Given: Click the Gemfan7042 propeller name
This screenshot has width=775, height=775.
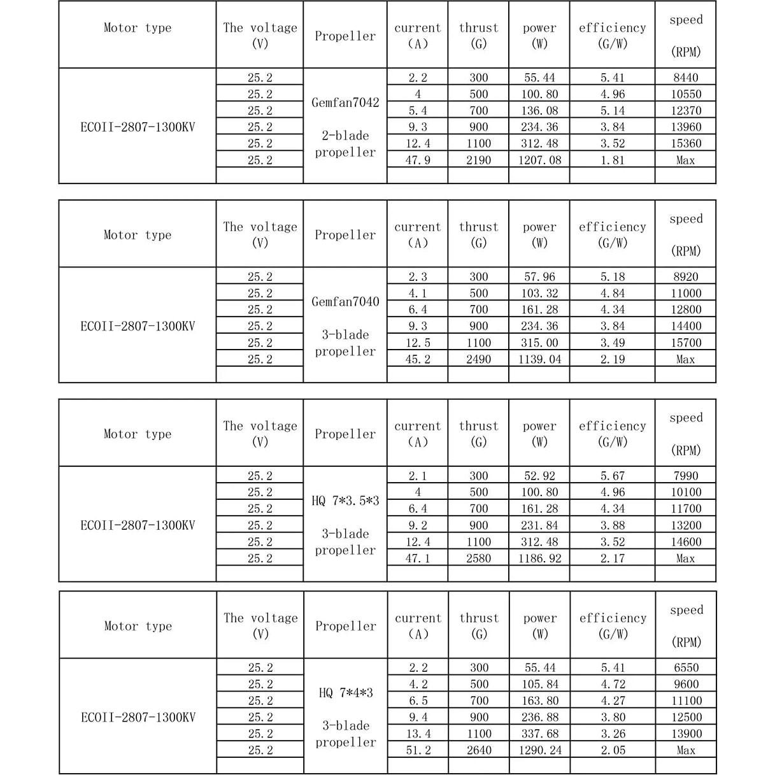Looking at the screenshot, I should (x=345, y=103).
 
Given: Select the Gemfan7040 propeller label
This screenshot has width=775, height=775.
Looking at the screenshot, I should (x=345, y=302).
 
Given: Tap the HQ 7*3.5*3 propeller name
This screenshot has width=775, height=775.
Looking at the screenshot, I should (x=345, y=501).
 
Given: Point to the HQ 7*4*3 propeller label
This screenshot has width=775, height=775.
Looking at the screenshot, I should (x=346, y=693).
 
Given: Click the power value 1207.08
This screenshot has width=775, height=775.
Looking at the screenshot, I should (x=539, y=160).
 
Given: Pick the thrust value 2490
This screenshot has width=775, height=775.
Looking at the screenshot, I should (x=478, y=360).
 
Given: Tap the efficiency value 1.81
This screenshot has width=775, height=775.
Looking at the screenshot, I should (x=613, y=160).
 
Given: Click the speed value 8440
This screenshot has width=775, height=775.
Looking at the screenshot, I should (x=685, y=78).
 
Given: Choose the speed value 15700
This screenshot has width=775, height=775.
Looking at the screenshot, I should (x=686, y=343).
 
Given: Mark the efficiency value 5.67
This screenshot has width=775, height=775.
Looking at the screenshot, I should (x=613, y=476).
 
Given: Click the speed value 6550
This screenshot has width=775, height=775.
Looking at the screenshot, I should (x=686, y=668).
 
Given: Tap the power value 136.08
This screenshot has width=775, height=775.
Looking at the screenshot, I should (x=539, y=111).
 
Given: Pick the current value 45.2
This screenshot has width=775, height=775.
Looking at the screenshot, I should (x=418, y=360).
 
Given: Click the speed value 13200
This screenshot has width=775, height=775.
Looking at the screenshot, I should (x=686, y=526).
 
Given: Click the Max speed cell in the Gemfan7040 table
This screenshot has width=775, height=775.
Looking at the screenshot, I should (x=685, y=360).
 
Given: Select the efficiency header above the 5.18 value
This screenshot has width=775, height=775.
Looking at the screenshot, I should (x=612, y=234).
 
